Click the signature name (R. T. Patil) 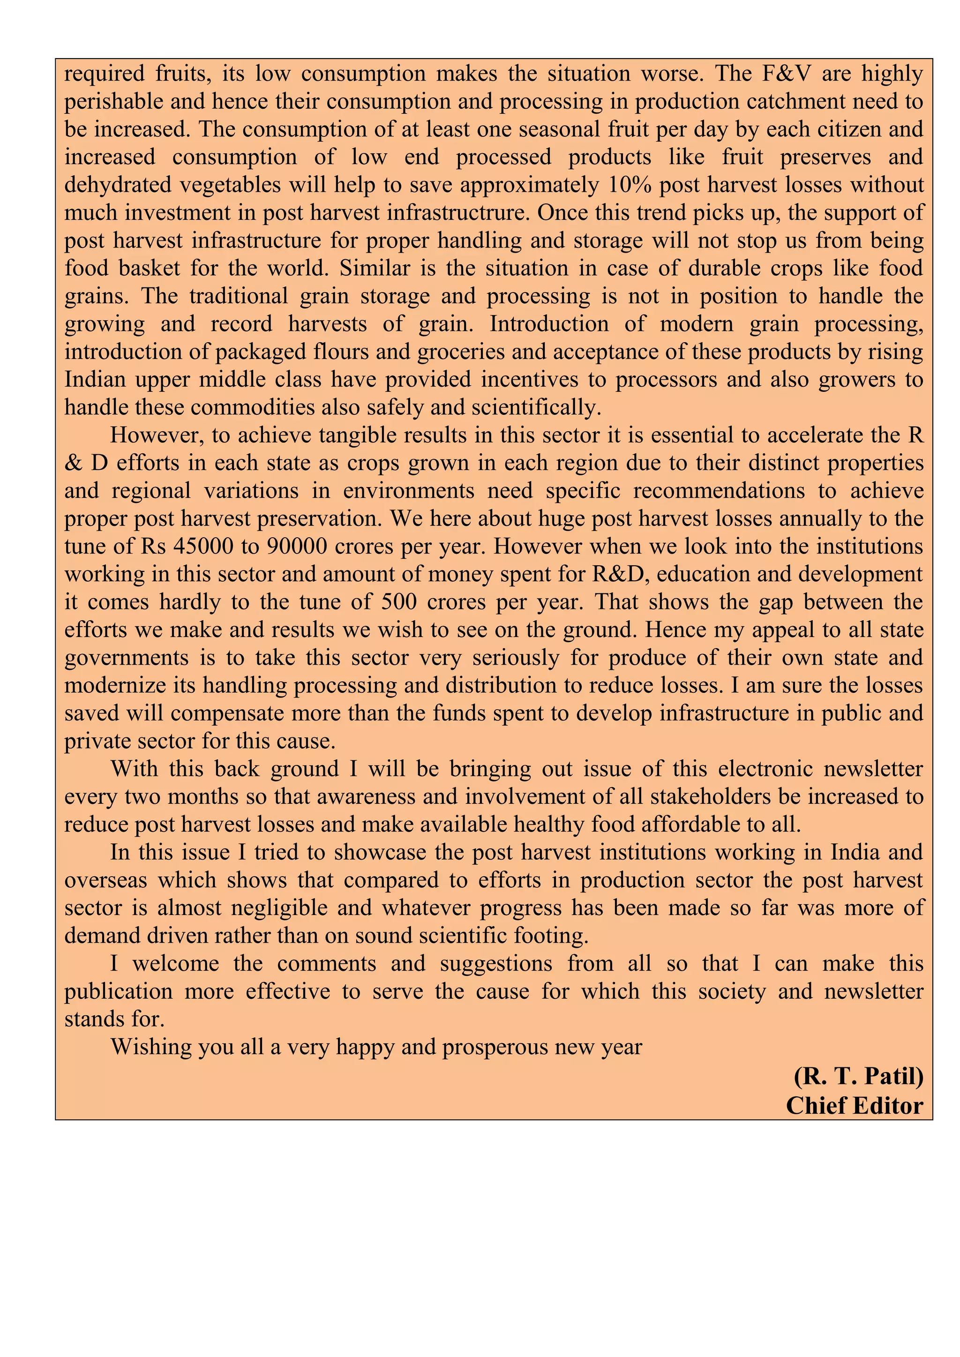click(x=858, y=1076)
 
